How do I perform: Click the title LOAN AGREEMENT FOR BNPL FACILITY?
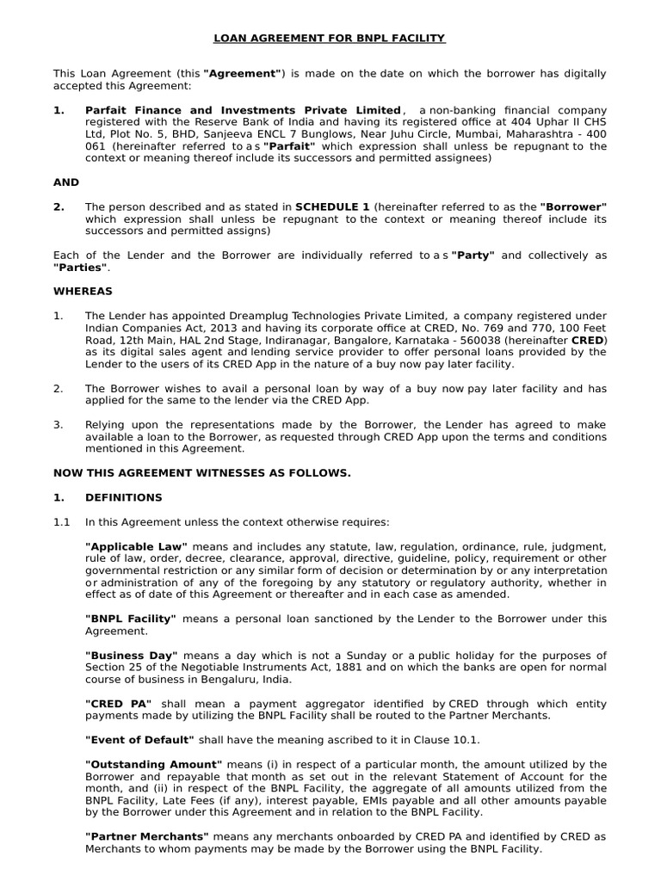coord(330,38)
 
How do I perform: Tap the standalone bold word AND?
coord(66,182)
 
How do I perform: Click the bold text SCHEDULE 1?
coord(332,206)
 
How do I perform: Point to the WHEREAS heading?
coord(83,291)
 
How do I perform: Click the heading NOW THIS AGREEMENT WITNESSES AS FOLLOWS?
coord(201,473)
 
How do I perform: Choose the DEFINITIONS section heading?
coord(123,497)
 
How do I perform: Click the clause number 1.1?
coord(62,521)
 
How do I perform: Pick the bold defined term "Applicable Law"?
coord(136,546)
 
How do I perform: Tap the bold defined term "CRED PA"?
coord(119,703)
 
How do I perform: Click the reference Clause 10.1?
coord(450,739)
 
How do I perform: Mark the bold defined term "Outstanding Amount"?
coord(153,763)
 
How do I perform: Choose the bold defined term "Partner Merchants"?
coord(146,835)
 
